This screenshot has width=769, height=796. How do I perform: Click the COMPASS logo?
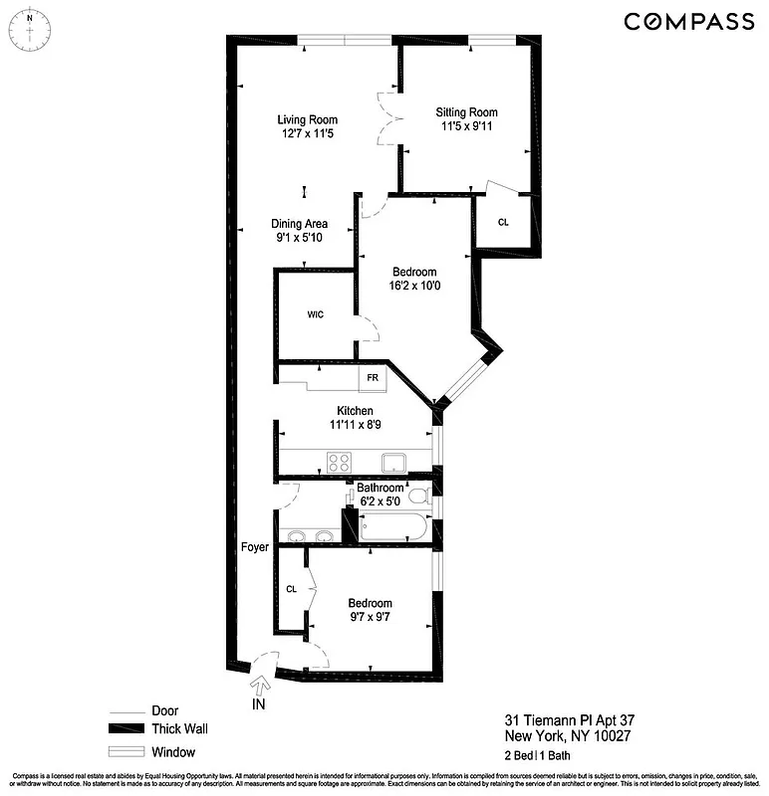tap(688, 21)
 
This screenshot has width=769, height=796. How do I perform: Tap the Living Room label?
tap(305, 120)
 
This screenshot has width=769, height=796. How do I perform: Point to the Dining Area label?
tap(299, 224)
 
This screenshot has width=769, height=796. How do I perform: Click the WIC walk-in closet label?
tap(315, 314)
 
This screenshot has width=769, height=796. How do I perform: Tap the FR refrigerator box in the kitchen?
tap(373, 378)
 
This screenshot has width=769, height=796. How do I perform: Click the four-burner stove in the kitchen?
tap(340, 461)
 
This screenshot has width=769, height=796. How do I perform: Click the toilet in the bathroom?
tap(419, 494)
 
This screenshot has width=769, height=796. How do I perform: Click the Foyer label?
tap(256, 547)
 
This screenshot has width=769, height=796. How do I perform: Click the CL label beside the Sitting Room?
tap(503, 222)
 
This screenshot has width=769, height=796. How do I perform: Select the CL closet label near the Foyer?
tap(292, 589)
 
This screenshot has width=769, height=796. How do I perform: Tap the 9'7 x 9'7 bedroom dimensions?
tap(370, 617)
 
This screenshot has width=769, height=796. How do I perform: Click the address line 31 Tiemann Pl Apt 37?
tap(564, 721)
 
